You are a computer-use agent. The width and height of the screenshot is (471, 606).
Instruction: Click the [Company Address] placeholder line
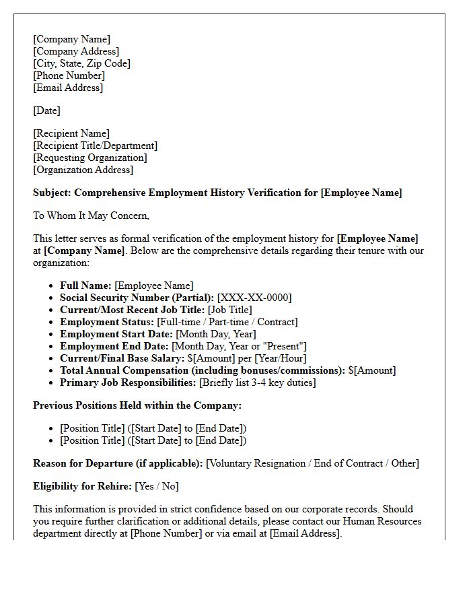tap(76, 51)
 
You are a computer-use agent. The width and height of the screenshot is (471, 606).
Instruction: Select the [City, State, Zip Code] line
tap(81, 63)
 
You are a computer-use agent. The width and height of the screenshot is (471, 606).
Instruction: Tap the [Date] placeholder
tap(46, 110)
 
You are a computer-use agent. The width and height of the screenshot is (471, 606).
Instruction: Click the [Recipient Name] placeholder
tap(71, 133)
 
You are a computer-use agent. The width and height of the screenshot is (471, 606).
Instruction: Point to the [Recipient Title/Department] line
tap(95, 145)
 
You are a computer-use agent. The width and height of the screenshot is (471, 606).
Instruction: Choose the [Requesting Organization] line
tap(89, 158)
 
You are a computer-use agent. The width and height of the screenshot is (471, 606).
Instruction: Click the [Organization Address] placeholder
tap(83, 170)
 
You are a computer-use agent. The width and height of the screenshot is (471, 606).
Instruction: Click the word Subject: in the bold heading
tap(52, 193)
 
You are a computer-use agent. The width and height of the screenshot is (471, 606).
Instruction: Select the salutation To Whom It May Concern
tap(91, 215)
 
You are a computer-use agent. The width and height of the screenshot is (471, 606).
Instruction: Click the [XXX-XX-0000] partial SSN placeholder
tap(254, 298)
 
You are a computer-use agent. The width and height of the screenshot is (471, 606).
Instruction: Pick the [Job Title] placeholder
tap(230, 310)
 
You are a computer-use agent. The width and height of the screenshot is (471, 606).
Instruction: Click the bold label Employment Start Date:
tap(116, 334)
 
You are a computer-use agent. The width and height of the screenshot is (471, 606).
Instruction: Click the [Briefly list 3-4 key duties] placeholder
tap(258, 382)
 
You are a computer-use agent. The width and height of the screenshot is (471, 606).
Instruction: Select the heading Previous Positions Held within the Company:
tap(137, 405)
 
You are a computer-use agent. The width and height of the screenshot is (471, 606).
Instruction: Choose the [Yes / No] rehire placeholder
tap(157, 486)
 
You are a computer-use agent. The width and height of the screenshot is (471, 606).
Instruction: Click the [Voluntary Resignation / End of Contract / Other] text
tap(312, 463)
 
